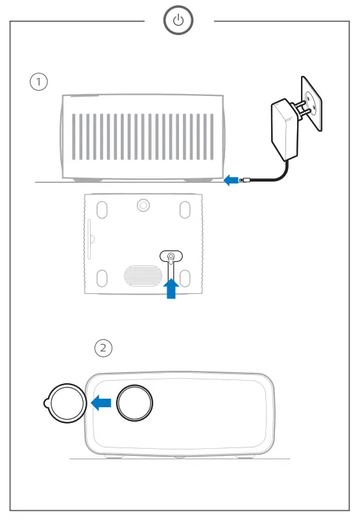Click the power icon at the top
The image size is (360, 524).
(178, 20)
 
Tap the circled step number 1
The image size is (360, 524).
(39, 82)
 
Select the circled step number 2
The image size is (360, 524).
(103, 348)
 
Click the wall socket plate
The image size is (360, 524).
(311, 104)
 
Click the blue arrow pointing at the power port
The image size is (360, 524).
(231, 180)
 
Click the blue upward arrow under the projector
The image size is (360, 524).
(171, 289)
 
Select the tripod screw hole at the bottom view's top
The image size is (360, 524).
(143, 205)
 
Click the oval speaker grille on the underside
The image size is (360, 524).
(143, 276)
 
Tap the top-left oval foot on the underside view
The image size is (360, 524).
(102, 210)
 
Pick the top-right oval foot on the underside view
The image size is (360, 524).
(185, 210)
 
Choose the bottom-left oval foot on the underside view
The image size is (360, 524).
(102, 278)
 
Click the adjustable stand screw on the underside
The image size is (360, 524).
(171, 257)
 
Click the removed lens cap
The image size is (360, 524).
(66, 403)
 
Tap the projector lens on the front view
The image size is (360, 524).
(134, 403)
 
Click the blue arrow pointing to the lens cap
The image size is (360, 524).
(101, 403)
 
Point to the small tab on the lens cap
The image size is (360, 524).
(47, 403)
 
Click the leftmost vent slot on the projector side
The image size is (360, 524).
(74, 137)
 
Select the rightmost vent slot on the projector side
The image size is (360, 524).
(211, 137)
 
